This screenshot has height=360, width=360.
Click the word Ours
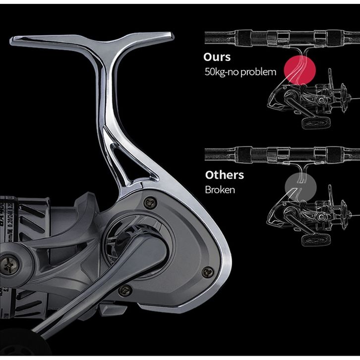(x=217, y=57)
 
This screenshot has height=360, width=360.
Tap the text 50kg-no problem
(x=240, y=72)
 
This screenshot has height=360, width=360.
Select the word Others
(x=224, y=175)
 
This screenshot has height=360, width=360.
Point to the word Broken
(x=219, y=190)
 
